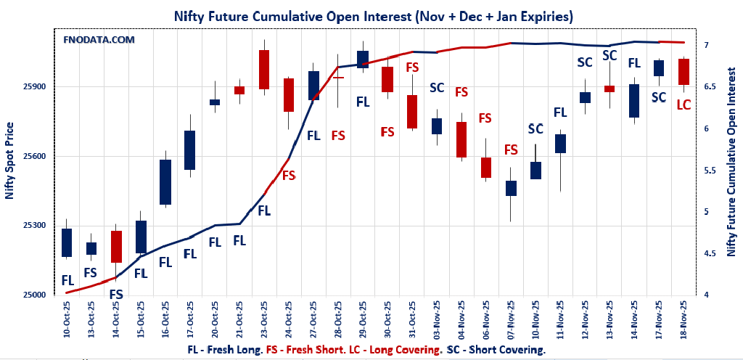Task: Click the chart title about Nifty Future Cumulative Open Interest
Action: [x=371, y=15]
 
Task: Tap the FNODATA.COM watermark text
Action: [x=99, y=40]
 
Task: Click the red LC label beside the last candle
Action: [x=683, y=105]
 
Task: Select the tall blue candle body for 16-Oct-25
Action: [x=165, y=182]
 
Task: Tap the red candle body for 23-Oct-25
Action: [x=264, y=70]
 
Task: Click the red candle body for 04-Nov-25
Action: [x=461, y=139]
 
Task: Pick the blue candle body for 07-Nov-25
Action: [x=511, y=188]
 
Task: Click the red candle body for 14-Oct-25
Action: [x=116, y=246]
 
